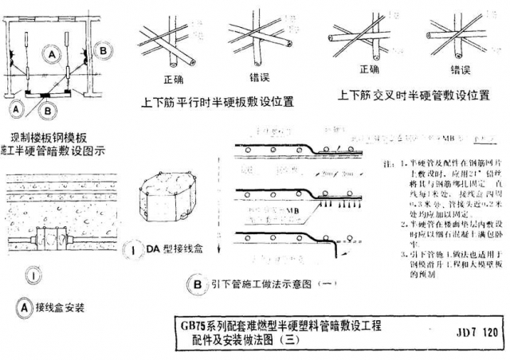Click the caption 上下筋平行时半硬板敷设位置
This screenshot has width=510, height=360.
coord(217,102)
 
